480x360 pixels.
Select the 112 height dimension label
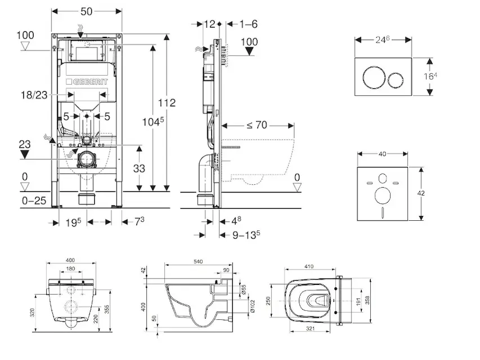[x=168, y=103]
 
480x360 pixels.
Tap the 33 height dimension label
[x=139, y=169]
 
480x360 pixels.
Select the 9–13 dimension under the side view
[x=246, y=235]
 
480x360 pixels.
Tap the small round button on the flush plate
[x=395, y=78]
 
